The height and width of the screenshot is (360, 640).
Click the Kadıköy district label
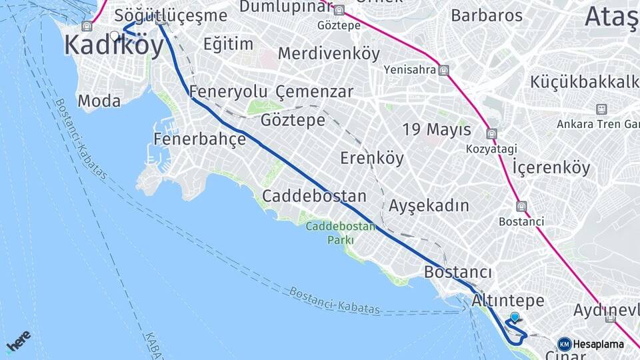pyautogui.click(x=114, y=47)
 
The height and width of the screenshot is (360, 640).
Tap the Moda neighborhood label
pyautogui.click(x=99, y=101)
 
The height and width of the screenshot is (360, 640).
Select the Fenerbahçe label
pyautogui.click(x=199, y=139)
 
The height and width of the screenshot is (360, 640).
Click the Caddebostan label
pyautogui.click(x=314, y=196)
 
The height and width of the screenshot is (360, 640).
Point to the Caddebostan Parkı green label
pyautogui.click(x=341, y=233)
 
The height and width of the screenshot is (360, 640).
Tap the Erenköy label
pyautogui.click(x=372, y=158)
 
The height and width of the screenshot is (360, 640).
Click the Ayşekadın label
pyautogui.click(x=429, y=205)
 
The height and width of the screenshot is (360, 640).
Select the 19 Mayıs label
pyautogui.click(x=437, y=129)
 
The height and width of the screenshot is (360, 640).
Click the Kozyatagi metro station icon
pyautogui.click(x=491, y=134)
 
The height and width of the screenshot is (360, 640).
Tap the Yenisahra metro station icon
pyautogui.click(x=444, y=69)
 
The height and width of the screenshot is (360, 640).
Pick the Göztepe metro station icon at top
pyautogui.click(x=339, y=11)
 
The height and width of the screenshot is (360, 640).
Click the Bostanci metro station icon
pyautogui.click(x=521, y=207)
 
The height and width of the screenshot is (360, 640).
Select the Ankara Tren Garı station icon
pyautogui.click(x=601, y=109)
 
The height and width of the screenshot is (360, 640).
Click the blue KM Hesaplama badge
pyautogui.click(x=591, y=344)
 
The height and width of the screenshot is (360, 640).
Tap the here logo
pyautogui.click(x=18, y=341)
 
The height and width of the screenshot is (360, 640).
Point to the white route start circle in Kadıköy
pyautogui.click(x=115, y=36)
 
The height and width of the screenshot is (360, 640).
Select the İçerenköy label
pyautogui.click(x=551, y=167)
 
